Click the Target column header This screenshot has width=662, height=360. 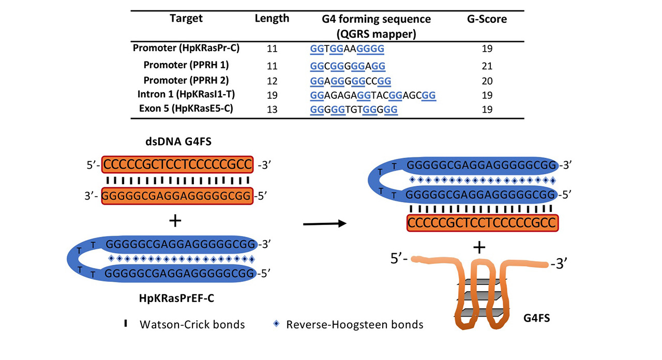[x=186, y=19]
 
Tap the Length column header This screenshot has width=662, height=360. [x=272, y=19]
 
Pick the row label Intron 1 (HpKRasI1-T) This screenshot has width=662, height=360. [x=187, y=95]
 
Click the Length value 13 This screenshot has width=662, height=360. [x=272, y=110]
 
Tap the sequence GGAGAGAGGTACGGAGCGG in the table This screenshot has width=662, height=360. [x=373, y=95]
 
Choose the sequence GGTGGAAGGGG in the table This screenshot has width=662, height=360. [x=347, y=49]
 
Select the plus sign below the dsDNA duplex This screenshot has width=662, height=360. [x=176, y=221]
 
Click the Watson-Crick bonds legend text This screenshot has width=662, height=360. [x=192, y=325]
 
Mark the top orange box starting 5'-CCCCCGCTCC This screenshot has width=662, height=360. [x=178, y=165]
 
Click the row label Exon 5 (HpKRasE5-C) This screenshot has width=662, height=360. [x=187, y=110]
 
